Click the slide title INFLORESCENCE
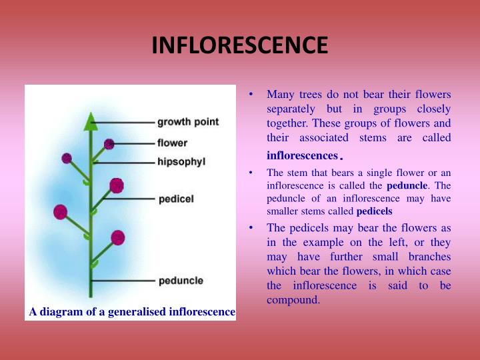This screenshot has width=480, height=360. click(240, 45)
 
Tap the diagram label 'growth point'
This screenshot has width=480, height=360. click(188, 122)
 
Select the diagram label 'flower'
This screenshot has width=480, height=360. click(172, 143)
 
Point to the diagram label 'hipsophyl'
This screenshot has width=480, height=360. click(182, 162)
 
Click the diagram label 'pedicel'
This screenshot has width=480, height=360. click(176, 199)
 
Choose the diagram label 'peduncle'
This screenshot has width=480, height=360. click(181, 281)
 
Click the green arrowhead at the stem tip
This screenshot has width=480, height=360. click(91, 121)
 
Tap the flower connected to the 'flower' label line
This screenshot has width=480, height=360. click(109, 144)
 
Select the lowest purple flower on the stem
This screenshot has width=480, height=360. click(118, 237)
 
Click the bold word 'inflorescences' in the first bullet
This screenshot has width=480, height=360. click(302, 155)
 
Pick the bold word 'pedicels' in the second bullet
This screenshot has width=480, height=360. click(375, 212)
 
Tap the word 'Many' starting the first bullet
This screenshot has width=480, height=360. click(279, 94)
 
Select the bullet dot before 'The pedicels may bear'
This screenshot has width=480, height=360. click(251, 228)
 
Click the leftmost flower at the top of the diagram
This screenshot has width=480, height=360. click(67, 159)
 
